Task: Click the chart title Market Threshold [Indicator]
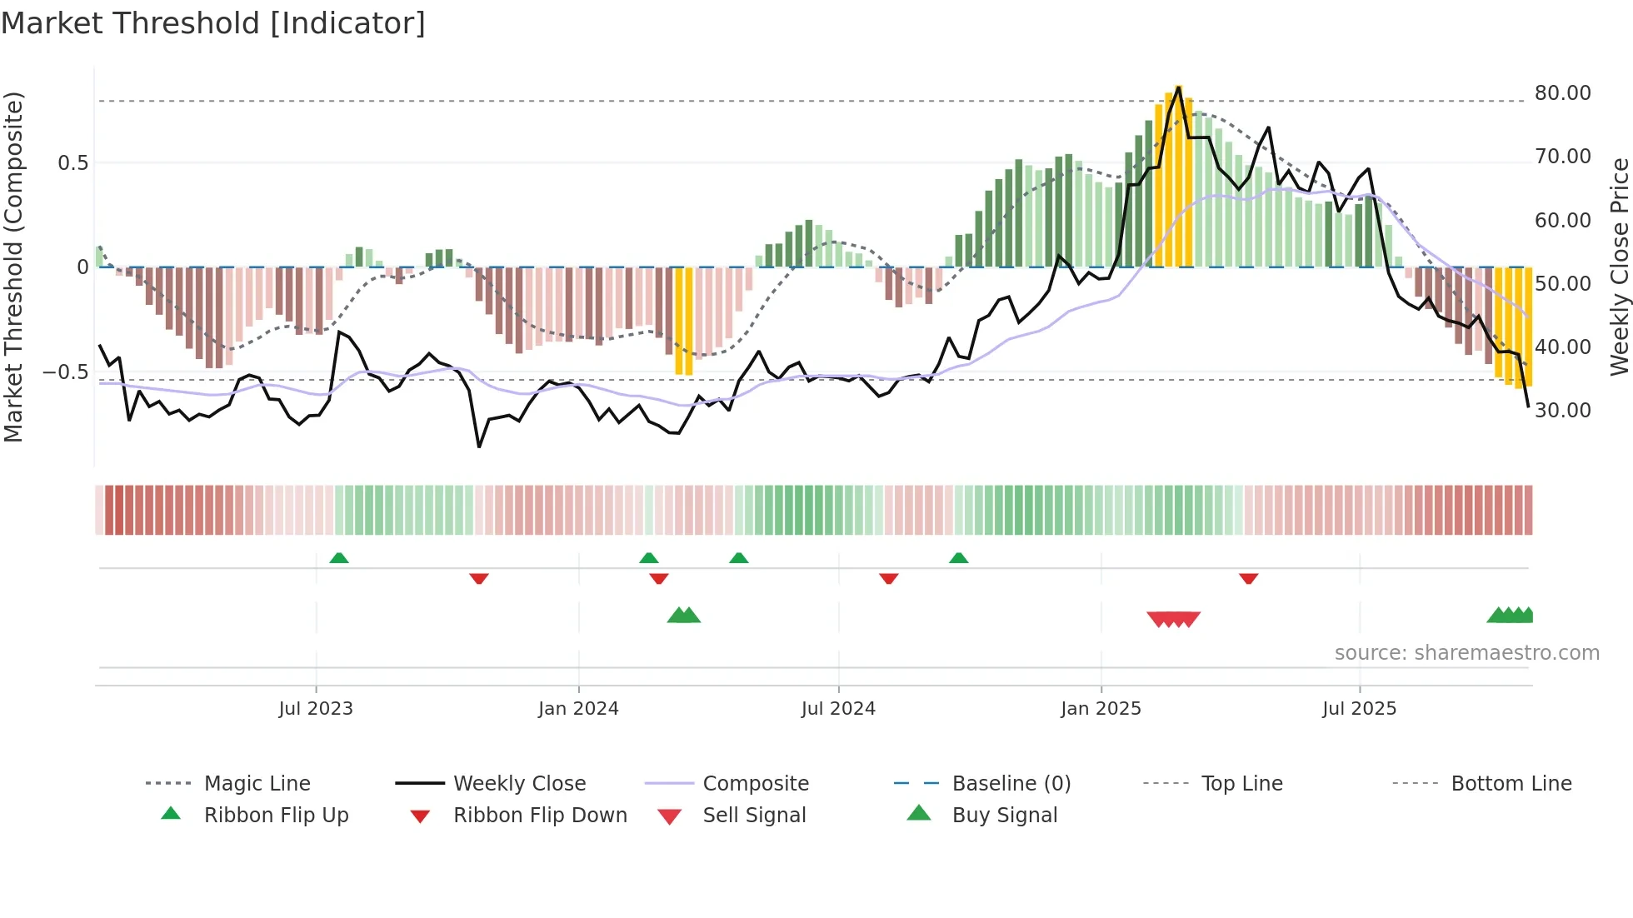(213, 23)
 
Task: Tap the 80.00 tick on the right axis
(1562, 93)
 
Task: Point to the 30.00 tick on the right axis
(1562, 411)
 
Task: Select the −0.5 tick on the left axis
(65, 372)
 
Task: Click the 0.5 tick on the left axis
(72, 163)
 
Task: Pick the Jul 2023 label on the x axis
(316, 709)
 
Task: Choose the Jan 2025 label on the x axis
(1101, 709)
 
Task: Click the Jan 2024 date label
(578, 709)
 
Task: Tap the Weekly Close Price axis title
(1618, 267)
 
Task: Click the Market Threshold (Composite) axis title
(13, 267)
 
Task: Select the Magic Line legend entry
(257, 784)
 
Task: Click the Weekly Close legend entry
(519, 784)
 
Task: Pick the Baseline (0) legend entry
(1011, 784)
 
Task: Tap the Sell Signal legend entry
(754, 816)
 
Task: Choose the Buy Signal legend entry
(1004, 816)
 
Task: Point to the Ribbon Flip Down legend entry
(540, 816)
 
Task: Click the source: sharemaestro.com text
(1466, 653)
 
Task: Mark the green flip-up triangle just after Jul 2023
(339, 558)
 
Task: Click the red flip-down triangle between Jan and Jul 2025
(1248, 578)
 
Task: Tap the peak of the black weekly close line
(1178, 87)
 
